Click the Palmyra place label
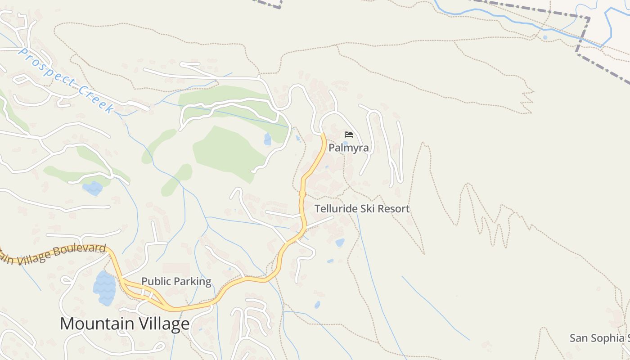pos(348,148)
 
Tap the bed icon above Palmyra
pos(348,134)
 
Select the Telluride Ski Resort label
pos(362,209)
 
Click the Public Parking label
pos(176,282)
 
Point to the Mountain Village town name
pos(125,324)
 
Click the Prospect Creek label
pos(65,80)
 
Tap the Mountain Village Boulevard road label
pos(54,253)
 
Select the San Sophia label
pos(598,338)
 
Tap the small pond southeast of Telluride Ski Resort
pos(340,243)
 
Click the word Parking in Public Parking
pos(192,282)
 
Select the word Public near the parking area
pos(156,282)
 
